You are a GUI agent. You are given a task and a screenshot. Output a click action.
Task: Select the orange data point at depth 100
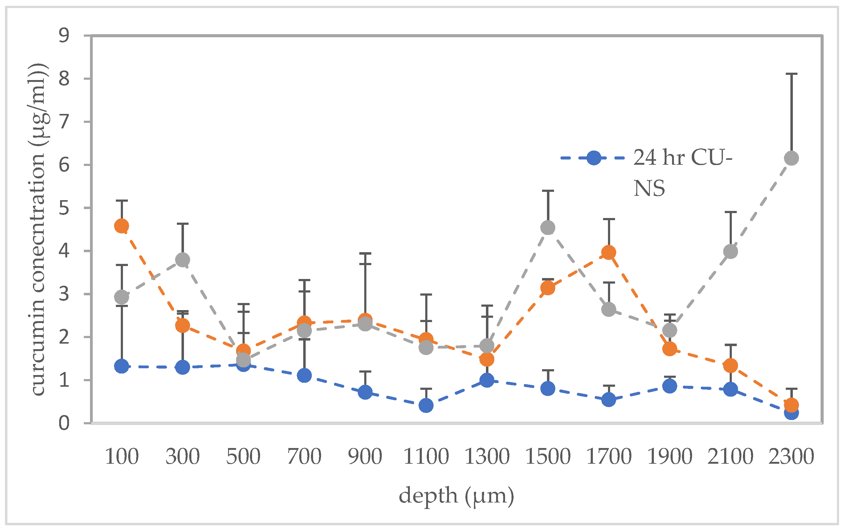point(121,226)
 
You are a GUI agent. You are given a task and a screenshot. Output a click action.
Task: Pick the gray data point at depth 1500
point(548,228)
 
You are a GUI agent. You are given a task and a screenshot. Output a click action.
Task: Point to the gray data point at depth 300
point(182,260)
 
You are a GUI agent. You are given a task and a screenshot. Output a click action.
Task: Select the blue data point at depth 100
point(121,366)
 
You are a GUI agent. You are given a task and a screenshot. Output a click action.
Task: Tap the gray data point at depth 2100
point(730,251)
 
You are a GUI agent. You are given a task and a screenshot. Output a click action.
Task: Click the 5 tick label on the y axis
point(64,208)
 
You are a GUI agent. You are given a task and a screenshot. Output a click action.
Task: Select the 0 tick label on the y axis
point(64,423)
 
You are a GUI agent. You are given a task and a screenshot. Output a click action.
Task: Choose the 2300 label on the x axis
point(791,457)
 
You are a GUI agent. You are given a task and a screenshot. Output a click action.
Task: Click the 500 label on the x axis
point(243,457)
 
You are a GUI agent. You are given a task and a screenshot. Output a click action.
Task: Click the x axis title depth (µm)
point(456,496)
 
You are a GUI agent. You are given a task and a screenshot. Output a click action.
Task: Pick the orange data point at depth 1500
point(548,288)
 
